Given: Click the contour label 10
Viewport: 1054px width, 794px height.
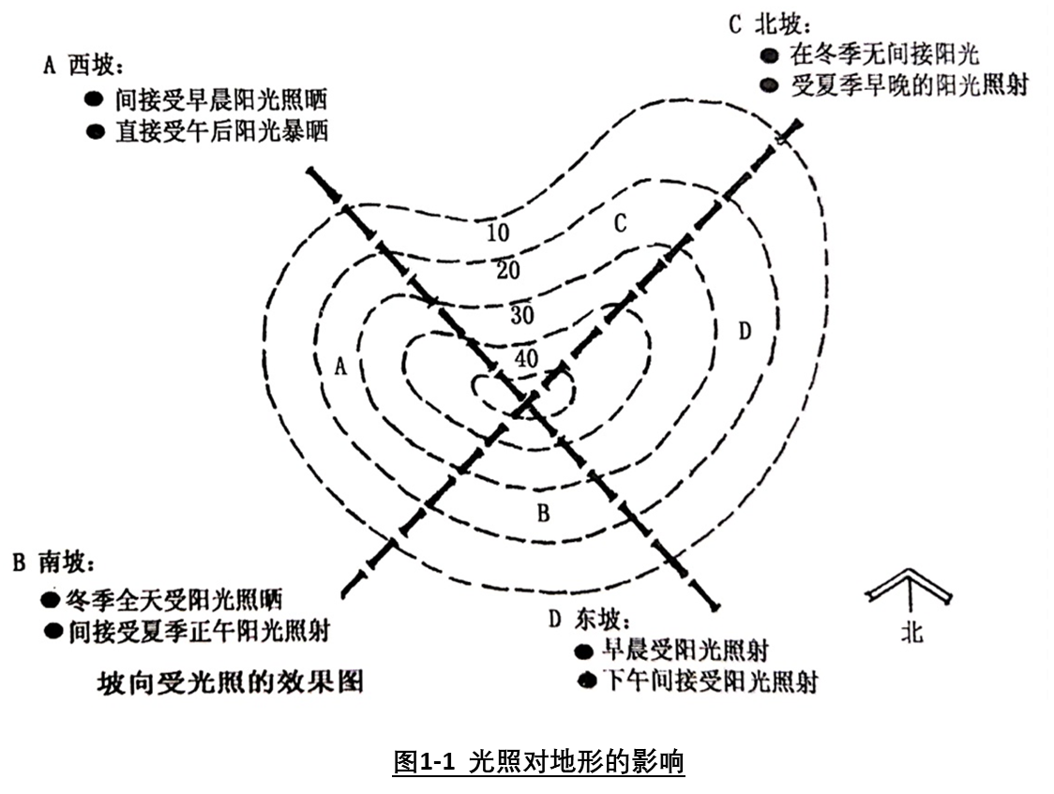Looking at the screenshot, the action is pyautogui.click(x=498, y=232).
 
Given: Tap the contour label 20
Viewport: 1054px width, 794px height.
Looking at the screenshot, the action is pyautogui.click(x=507, y=271).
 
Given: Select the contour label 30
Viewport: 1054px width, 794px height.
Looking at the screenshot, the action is pyautogui.click(x=521, y=315).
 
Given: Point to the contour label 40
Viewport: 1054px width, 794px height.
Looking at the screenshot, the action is pyautogui.click(x=526, y=357).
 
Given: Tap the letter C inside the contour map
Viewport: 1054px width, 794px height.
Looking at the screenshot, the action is pyautogui.click(x=620, y=223).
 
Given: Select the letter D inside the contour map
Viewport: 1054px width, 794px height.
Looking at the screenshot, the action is pyautogui.click(x=745, y=332).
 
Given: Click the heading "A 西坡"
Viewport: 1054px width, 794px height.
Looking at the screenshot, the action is pyautogui.click(x=83, y=66).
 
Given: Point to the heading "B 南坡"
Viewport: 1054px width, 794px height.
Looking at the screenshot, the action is pyautogui.click(x=53, y=562).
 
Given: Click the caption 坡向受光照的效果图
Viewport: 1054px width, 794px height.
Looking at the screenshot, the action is pyautogui.click(x=231, y=682).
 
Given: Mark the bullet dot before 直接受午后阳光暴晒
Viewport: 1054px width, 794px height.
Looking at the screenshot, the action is pyautogui.click(x=95, y=131).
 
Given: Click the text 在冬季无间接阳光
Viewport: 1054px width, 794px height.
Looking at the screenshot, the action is pyautogui.click(x=885, y=53).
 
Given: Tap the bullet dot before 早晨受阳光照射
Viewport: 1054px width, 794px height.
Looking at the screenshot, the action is pyautogui.click(x=583, y=652).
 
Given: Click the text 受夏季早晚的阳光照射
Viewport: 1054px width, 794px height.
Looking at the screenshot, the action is pyautogui.click(x=909, y=85).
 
